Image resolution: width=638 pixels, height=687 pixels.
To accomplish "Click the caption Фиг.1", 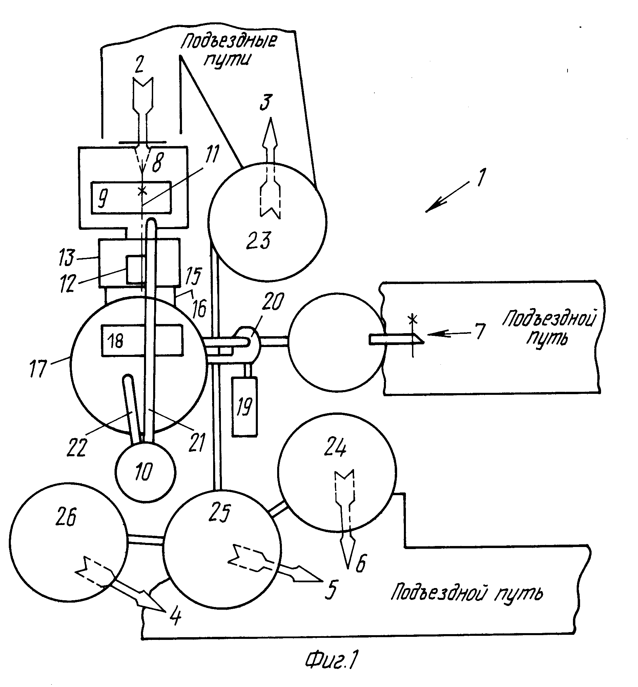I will pyautogui.click(x=331, y=660).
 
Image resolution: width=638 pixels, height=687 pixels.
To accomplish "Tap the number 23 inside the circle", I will pyautogui.click(x=259, y=240).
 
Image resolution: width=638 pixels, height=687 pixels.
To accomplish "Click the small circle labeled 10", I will pyautogui.click(x=145, y=472).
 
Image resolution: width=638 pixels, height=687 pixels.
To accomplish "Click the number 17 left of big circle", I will pyautogui.click(x=38, y=368).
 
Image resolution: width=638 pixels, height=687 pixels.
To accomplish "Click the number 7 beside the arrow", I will pyautogui.click(x=480, y=331).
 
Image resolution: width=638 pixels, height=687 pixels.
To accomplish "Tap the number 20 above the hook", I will pyautogui.click(x=272, y=302).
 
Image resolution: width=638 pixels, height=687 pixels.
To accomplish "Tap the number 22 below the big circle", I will pyautogui.click(x=76, y=448).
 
